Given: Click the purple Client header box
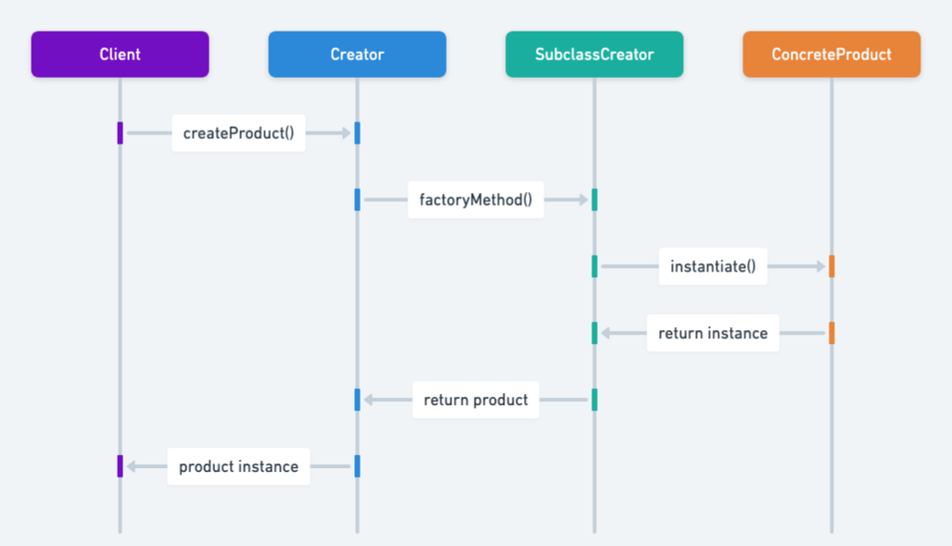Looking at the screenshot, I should (x=120, y=55).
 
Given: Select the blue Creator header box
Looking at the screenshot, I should (x=357, y=55).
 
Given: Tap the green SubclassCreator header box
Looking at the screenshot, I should (x=594, y=55).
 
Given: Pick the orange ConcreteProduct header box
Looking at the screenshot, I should (x=831, y=55).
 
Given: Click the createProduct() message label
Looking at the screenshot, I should (x=238, y=133).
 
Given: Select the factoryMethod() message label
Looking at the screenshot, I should (x=476, y=200).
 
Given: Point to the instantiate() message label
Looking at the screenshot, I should (x=713, y=267).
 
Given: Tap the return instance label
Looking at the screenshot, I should (x=713, y=334).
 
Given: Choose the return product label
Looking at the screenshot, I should (x=476, y=400).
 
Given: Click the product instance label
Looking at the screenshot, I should (x=238, y=467).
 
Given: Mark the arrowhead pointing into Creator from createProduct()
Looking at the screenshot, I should (x=346, y=133).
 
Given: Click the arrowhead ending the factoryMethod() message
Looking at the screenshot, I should (x=583, y=200).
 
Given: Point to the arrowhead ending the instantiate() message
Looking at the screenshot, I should (x=820, y=267).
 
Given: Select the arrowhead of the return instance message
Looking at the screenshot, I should (x=606, y=334).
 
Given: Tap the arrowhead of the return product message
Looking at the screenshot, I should (x=369, y=400).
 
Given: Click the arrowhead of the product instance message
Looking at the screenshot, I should (x=132, y=467).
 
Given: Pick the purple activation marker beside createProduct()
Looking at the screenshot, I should (x=121, y=133).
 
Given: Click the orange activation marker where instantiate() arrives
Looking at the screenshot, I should (x=831, y=267).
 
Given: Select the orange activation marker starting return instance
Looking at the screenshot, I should (x=831, y=334).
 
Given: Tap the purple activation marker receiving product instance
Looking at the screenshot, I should (x=121, y=466).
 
